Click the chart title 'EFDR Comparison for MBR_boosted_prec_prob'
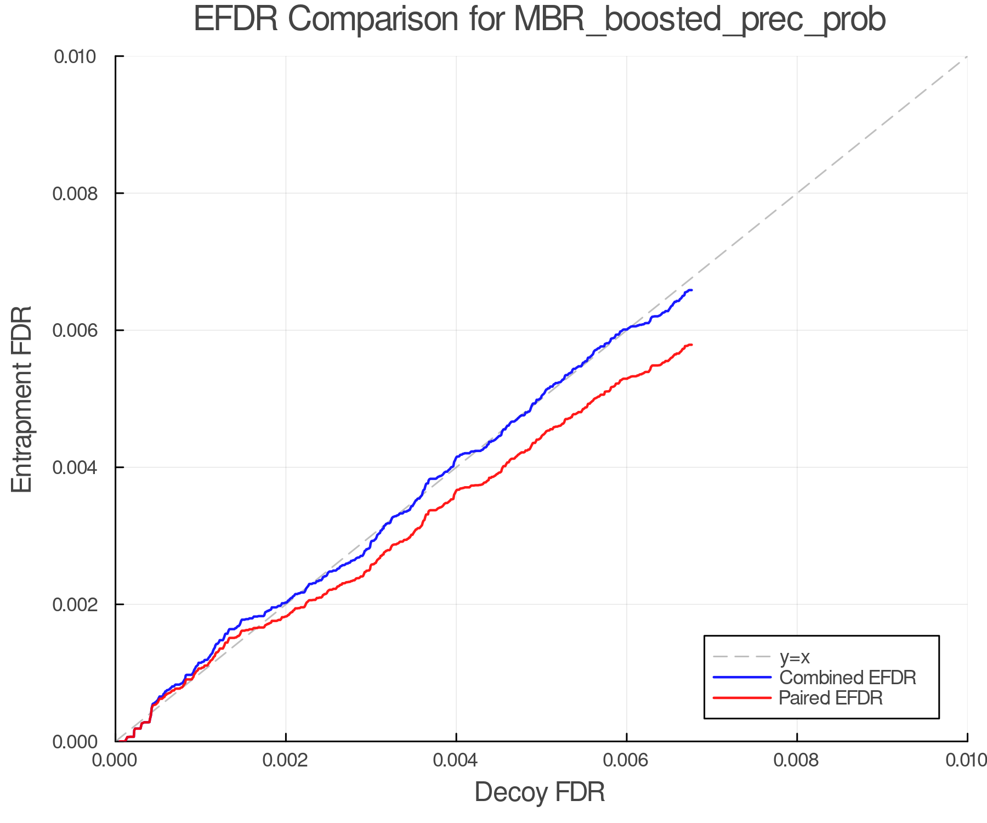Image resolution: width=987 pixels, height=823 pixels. tap(540, 20)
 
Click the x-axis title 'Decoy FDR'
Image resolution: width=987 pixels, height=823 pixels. tap(540, 792)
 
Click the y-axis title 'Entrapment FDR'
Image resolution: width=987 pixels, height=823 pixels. tap(22, 399)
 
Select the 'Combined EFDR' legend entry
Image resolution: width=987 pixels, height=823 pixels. tap(847, 678)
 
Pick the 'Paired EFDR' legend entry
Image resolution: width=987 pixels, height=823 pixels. tap(831, 698)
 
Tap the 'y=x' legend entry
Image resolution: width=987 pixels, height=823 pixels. tap(795, 657)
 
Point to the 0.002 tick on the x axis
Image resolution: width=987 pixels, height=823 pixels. tap(286, 760)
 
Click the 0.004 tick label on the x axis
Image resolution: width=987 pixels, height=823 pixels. tap(456, 760)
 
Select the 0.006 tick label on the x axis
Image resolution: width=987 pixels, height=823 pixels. tap(627, 760)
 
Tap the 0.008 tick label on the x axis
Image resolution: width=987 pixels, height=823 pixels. tap(797, 760)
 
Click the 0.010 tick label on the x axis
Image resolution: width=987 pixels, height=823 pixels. tap(966, 760)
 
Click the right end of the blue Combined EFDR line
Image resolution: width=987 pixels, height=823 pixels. tap(691, 290)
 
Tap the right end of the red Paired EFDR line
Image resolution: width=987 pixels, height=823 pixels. tap(691, 345)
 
